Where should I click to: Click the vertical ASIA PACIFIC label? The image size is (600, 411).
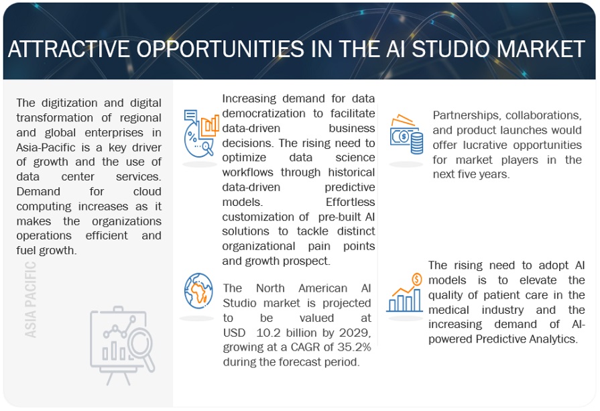pos(31,300)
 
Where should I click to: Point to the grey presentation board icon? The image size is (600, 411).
pos(123,345)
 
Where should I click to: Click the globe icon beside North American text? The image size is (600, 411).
pos(198,291)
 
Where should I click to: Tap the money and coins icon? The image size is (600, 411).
pos(406,134)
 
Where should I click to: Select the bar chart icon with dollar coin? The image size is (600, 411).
pos(404,293)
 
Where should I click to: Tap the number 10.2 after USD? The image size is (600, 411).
pos(267,333)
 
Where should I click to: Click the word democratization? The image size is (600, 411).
pos(263,113)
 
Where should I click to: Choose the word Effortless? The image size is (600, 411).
pos(350,202)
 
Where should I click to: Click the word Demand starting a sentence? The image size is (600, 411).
pos(38,191)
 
